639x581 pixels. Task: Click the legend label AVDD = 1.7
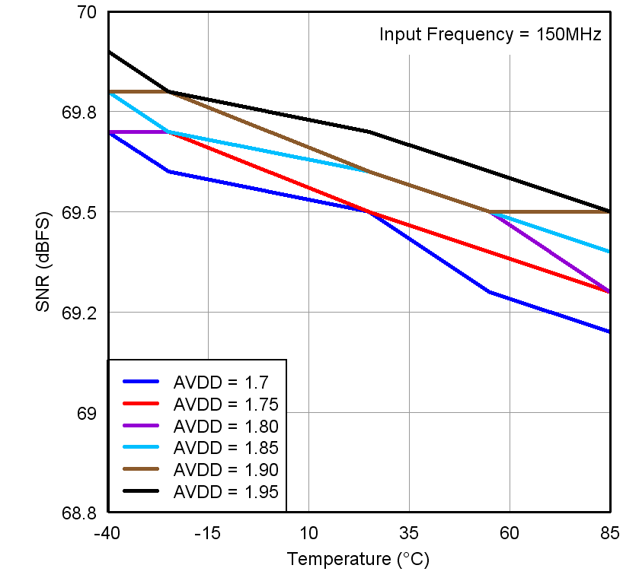tap(219, 383)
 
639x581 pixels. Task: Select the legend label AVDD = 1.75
tap(225, 404)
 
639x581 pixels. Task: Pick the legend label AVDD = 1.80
tap(225, 426)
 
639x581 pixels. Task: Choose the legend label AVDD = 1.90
tap(225, 469)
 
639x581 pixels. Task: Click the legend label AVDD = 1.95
tap(225, 491)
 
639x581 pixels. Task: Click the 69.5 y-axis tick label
tap(79, 212)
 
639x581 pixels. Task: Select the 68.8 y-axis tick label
tap(79, 513)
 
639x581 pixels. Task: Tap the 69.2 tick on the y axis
tap(79, 313)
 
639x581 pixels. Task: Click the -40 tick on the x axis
tap(107, 533)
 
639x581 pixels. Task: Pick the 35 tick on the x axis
tap(409, 533)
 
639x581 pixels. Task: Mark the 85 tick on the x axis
tap(610, 533)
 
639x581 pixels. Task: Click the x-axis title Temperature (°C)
tap(358, 560)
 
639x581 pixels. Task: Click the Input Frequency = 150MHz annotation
tap(490, 35)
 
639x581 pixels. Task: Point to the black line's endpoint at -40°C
tap(108, 52)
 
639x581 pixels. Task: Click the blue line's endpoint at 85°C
tap(610, 332)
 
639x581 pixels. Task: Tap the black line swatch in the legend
tap(139, 491)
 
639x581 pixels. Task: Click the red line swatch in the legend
tap(139, 404)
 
